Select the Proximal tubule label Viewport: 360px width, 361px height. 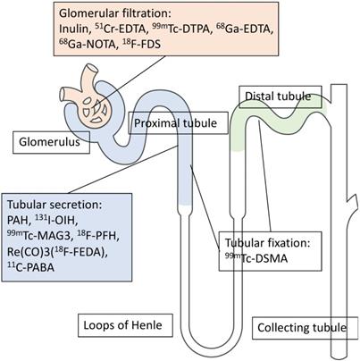coord(171,123)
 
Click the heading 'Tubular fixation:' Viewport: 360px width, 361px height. coord(264,247)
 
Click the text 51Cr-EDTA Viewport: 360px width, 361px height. coord(119,32)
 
